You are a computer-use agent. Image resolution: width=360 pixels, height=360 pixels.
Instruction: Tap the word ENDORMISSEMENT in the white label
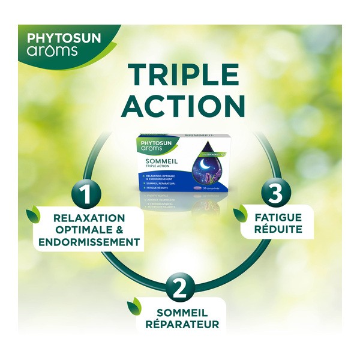coord(89,242)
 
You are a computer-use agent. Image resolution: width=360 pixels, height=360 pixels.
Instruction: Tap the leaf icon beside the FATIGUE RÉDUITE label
coord(244,212)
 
